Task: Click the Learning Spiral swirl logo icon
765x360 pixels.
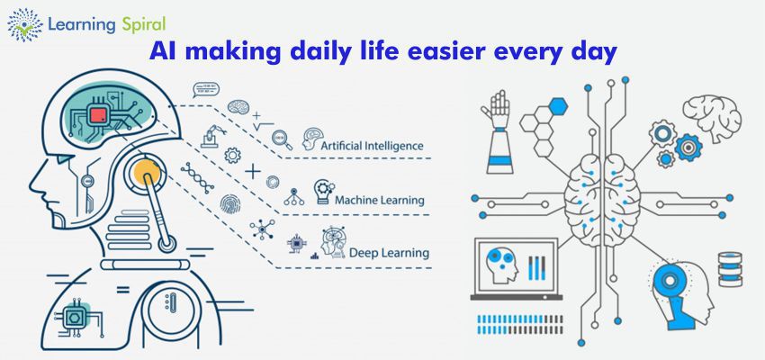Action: (24, 25)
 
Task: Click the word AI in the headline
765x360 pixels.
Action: (166, 53)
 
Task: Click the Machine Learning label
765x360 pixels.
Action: (379, 199)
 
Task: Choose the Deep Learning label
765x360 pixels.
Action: (388, 252)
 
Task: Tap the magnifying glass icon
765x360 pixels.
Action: (280, 140)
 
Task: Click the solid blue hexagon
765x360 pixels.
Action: (559, 106)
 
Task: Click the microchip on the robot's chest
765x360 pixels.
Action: (75, 318)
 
